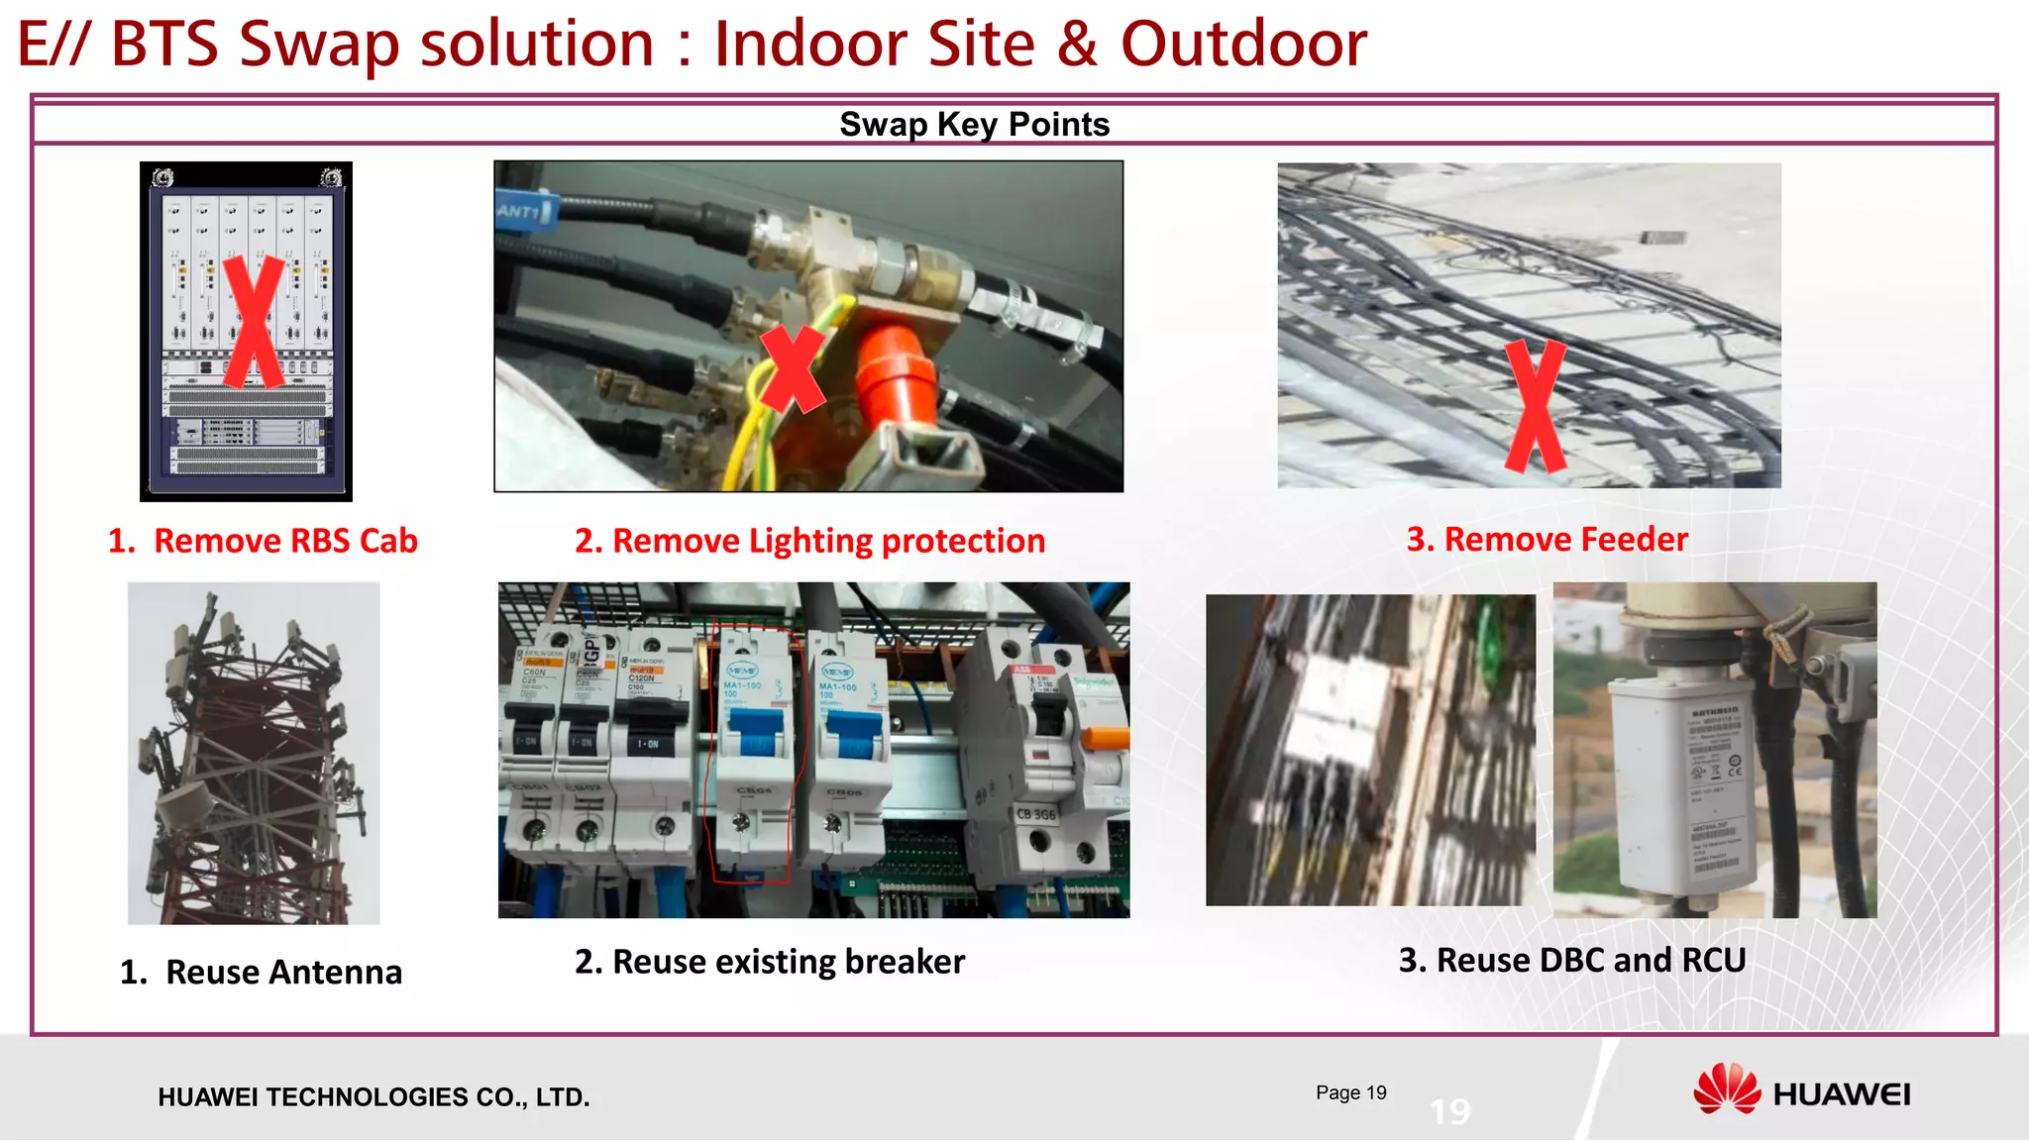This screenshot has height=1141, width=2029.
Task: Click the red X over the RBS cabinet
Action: (x=253, y=322)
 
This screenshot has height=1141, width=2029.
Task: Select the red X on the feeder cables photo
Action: (x=1535, y=406)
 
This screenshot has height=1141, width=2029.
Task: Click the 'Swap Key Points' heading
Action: (x=974, y=125)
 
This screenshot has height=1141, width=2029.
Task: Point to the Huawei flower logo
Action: (x=1726, y=1089)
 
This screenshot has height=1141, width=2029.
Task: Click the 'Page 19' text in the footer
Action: (x=1350, y=1092)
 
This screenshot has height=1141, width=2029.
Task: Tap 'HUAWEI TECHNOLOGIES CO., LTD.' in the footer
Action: (x=374, y=1097)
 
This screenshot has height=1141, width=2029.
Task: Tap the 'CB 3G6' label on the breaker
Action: (x=1036, y=814)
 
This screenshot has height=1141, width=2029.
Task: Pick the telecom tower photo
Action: (x=254, y=753)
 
